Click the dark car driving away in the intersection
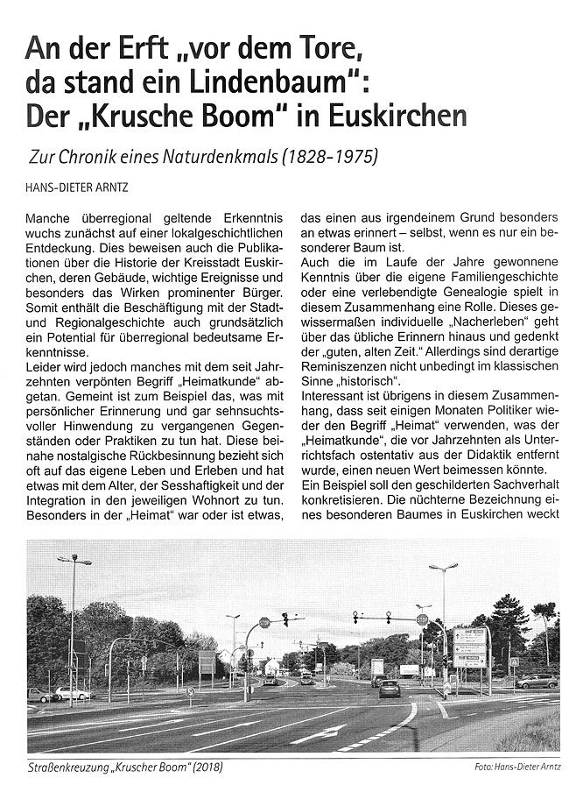[390, 689]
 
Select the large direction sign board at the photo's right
[470, 648]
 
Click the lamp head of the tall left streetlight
[74, 559]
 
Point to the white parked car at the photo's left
[71, 693]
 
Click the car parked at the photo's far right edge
[537, 681]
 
